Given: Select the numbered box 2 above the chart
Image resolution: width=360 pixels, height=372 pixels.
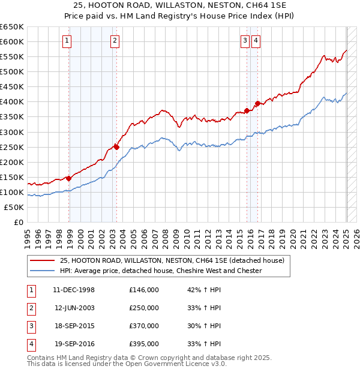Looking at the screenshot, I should (x=114, y=41).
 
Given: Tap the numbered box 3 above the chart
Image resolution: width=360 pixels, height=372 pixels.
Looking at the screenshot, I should (x=245, y=41).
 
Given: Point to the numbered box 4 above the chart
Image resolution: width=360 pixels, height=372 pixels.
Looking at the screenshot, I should (x=256, y=41).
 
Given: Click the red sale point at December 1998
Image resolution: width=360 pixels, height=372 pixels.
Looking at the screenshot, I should (x=68, y=178).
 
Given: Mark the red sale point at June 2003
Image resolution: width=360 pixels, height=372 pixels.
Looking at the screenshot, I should (x=116, y=146).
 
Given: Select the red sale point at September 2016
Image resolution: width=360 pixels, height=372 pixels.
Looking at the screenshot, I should (x=257, y=103).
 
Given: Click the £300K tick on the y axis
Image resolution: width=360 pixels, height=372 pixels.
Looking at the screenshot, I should (x=12, y=132).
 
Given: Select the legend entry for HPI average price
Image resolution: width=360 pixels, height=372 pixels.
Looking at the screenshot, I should (x=161, y=271).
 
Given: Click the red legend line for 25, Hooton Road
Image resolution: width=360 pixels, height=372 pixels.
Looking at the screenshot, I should (x=42, y=260).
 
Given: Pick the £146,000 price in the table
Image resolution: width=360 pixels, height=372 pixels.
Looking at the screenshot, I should (x=144, y=290).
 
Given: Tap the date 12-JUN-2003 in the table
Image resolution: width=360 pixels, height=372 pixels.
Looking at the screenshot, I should (x=74, y=308).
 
